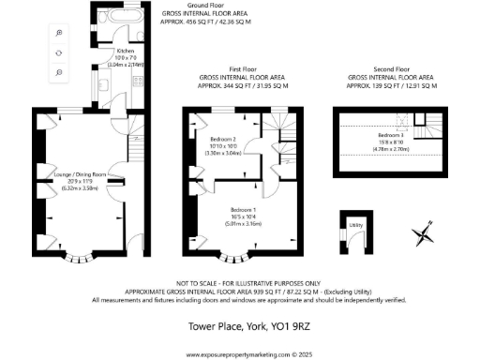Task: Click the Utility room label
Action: coord(355,225)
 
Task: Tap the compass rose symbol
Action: coord(424,232)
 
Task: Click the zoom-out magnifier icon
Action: coord(58,71)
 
